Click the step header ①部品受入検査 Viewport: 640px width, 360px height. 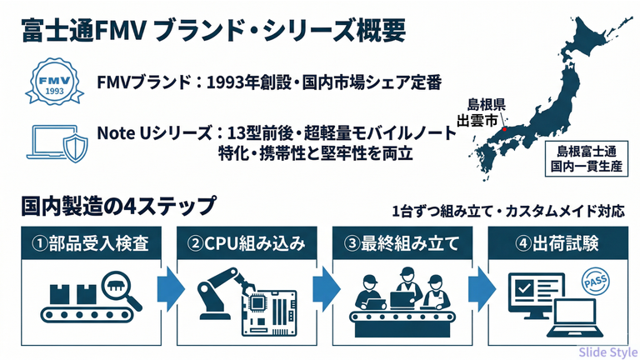[x=91, y=244]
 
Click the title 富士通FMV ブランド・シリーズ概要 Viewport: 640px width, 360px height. [x=213, y=32]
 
